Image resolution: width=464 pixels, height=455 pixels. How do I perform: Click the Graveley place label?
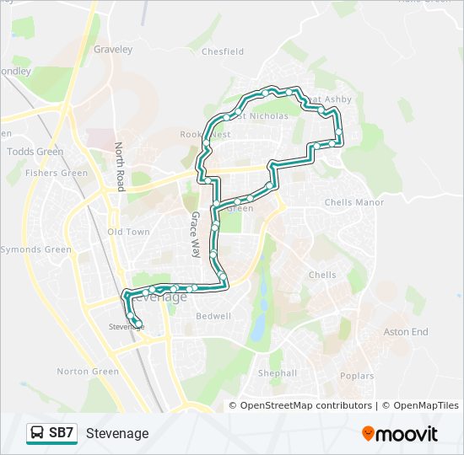pos(114,50)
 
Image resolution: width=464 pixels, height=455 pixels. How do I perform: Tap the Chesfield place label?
pos(223,51)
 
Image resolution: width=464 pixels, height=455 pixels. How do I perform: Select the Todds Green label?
pos(35,152)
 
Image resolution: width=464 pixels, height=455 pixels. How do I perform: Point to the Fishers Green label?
pos(57,174)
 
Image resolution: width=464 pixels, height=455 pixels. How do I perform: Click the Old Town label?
pos(128,232)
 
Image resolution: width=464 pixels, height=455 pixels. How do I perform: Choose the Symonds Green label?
pos(35,250)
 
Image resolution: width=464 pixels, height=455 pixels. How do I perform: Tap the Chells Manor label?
pos(354,202)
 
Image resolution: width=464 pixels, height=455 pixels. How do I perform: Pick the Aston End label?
pos(406,332)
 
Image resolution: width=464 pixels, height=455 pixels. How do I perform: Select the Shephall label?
pos(278,372)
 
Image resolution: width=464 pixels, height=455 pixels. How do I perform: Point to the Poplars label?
pos(357,376)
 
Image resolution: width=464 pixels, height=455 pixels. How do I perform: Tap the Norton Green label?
pos(88,372)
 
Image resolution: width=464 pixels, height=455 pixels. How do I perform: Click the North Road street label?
pos(120,166)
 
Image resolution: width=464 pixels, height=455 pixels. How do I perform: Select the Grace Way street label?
pos(195,234)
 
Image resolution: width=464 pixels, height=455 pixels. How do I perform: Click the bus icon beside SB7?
pos(37,433)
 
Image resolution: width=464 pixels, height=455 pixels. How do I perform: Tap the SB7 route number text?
pos(62,433)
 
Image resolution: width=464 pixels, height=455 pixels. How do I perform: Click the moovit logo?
pos(400,434)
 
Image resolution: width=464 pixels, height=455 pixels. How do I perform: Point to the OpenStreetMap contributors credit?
pos(300,406)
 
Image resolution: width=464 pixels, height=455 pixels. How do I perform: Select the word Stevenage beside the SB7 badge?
pos(117,433)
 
